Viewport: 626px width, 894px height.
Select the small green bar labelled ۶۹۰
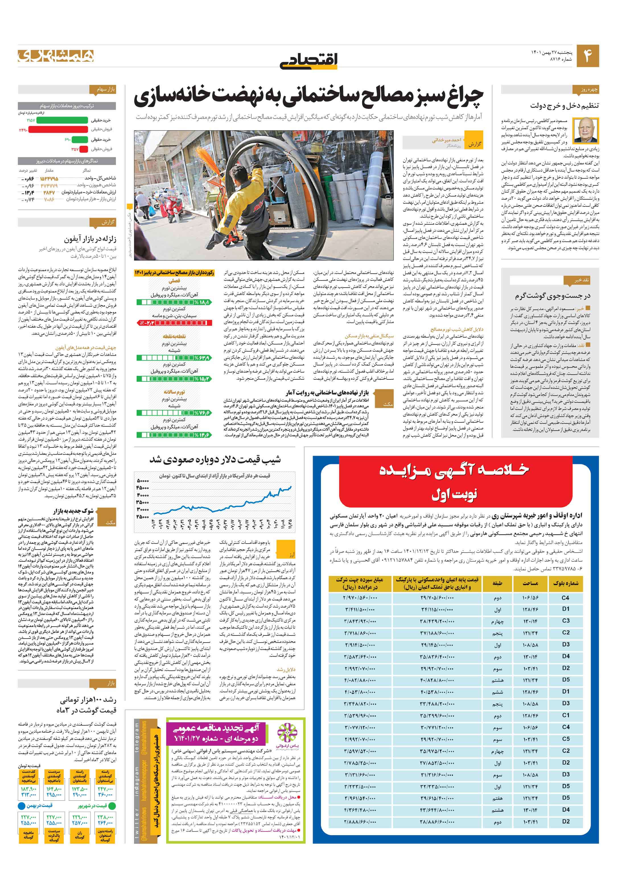coord(80,139)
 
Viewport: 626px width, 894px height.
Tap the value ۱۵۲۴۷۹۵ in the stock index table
coord(49,178)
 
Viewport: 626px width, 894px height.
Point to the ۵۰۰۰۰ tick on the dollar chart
coord(143,481)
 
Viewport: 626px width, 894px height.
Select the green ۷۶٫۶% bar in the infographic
coord(174,413)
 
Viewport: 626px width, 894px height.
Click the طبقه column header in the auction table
coord(497,583)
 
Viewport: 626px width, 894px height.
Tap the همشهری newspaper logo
coord(56,56)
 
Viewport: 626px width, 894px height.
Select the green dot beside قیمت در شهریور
coord(112,806)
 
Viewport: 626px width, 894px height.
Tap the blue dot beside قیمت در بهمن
coord(22,806)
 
